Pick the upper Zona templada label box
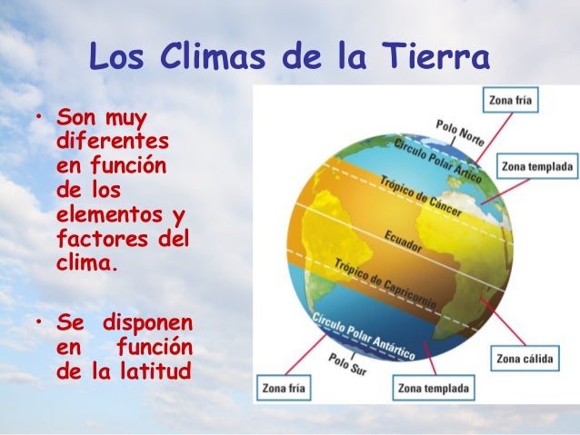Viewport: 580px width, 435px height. click(535, 167)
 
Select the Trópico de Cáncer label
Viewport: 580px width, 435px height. click(420, 196)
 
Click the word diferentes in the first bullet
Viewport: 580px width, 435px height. click(117, 143)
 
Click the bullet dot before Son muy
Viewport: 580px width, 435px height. click(40, 119)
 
